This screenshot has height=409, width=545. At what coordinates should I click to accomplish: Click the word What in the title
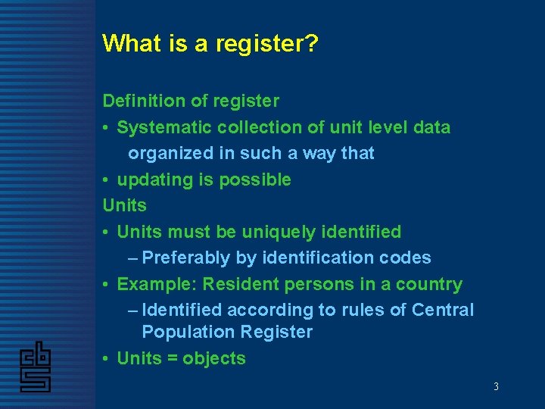128,43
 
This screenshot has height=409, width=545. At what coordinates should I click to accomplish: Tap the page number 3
496,387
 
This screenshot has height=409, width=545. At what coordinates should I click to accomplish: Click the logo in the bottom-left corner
36,367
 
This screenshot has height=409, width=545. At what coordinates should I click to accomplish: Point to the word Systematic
164,127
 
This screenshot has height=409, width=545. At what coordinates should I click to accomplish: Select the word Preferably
186,258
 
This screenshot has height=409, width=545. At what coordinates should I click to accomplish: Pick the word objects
214,359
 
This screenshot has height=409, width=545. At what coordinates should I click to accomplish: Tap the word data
432,127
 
